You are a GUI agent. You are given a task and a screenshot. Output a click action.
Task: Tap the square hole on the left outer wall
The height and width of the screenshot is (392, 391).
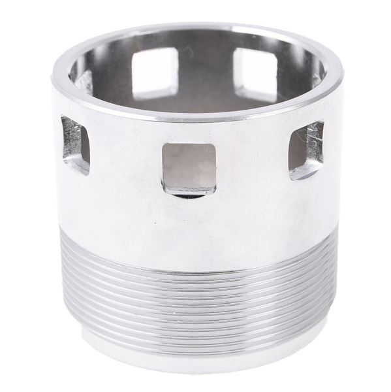[x=76, y=144]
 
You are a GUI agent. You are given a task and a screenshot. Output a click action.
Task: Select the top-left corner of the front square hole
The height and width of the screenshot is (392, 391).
[x=164, y=145]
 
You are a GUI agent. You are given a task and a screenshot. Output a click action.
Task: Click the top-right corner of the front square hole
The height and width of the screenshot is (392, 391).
[x=214, y=145]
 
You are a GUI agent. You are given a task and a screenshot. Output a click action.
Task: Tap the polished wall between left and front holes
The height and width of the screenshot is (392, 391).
[x=124, y=163]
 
